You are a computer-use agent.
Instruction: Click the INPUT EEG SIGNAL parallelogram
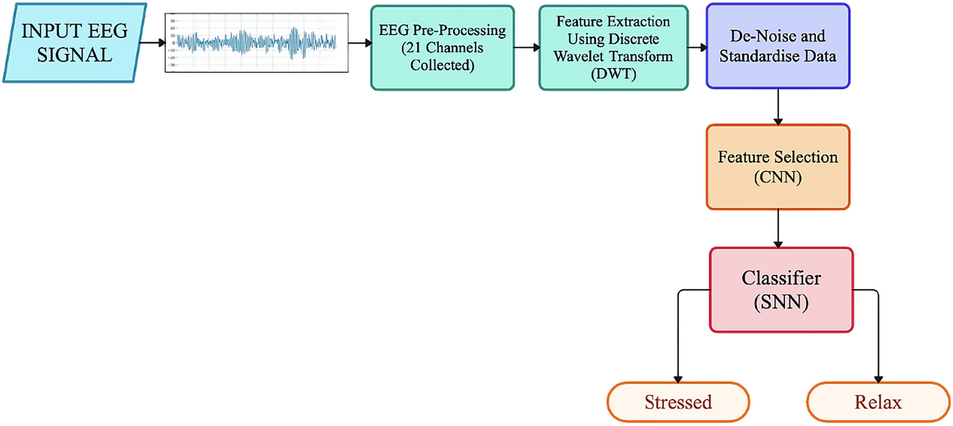click(x=74, y=43)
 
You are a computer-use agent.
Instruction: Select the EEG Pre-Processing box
click(x=442, y=48)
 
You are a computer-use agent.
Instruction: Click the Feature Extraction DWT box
click(x=613, y=48)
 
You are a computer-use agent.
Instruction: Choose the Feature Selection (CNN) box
click(x=777, y=167)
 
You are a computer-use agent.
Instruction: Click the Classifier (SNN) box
click(x=781, y=290)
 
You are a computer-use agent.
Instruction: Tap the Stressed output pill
click(x=678, y=402)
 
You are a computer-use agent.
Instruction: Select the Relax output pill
click(x=879, y=402)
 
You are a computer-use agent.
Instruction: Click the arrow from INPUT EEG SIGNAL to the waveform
click(x=153, y=43)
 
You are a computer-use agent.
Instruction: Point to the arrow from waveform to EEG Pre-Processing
click(x=360, y=43)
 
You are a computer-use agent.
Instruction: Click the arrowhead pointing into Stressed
click(x=678, y=378)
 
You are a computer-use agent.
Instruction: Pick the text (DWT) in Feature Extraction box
click(x=613, y=74)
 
